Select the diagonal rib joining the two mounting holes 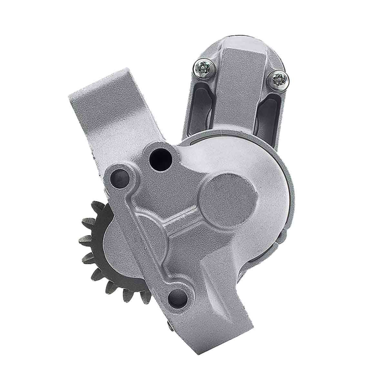[145, 232]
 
